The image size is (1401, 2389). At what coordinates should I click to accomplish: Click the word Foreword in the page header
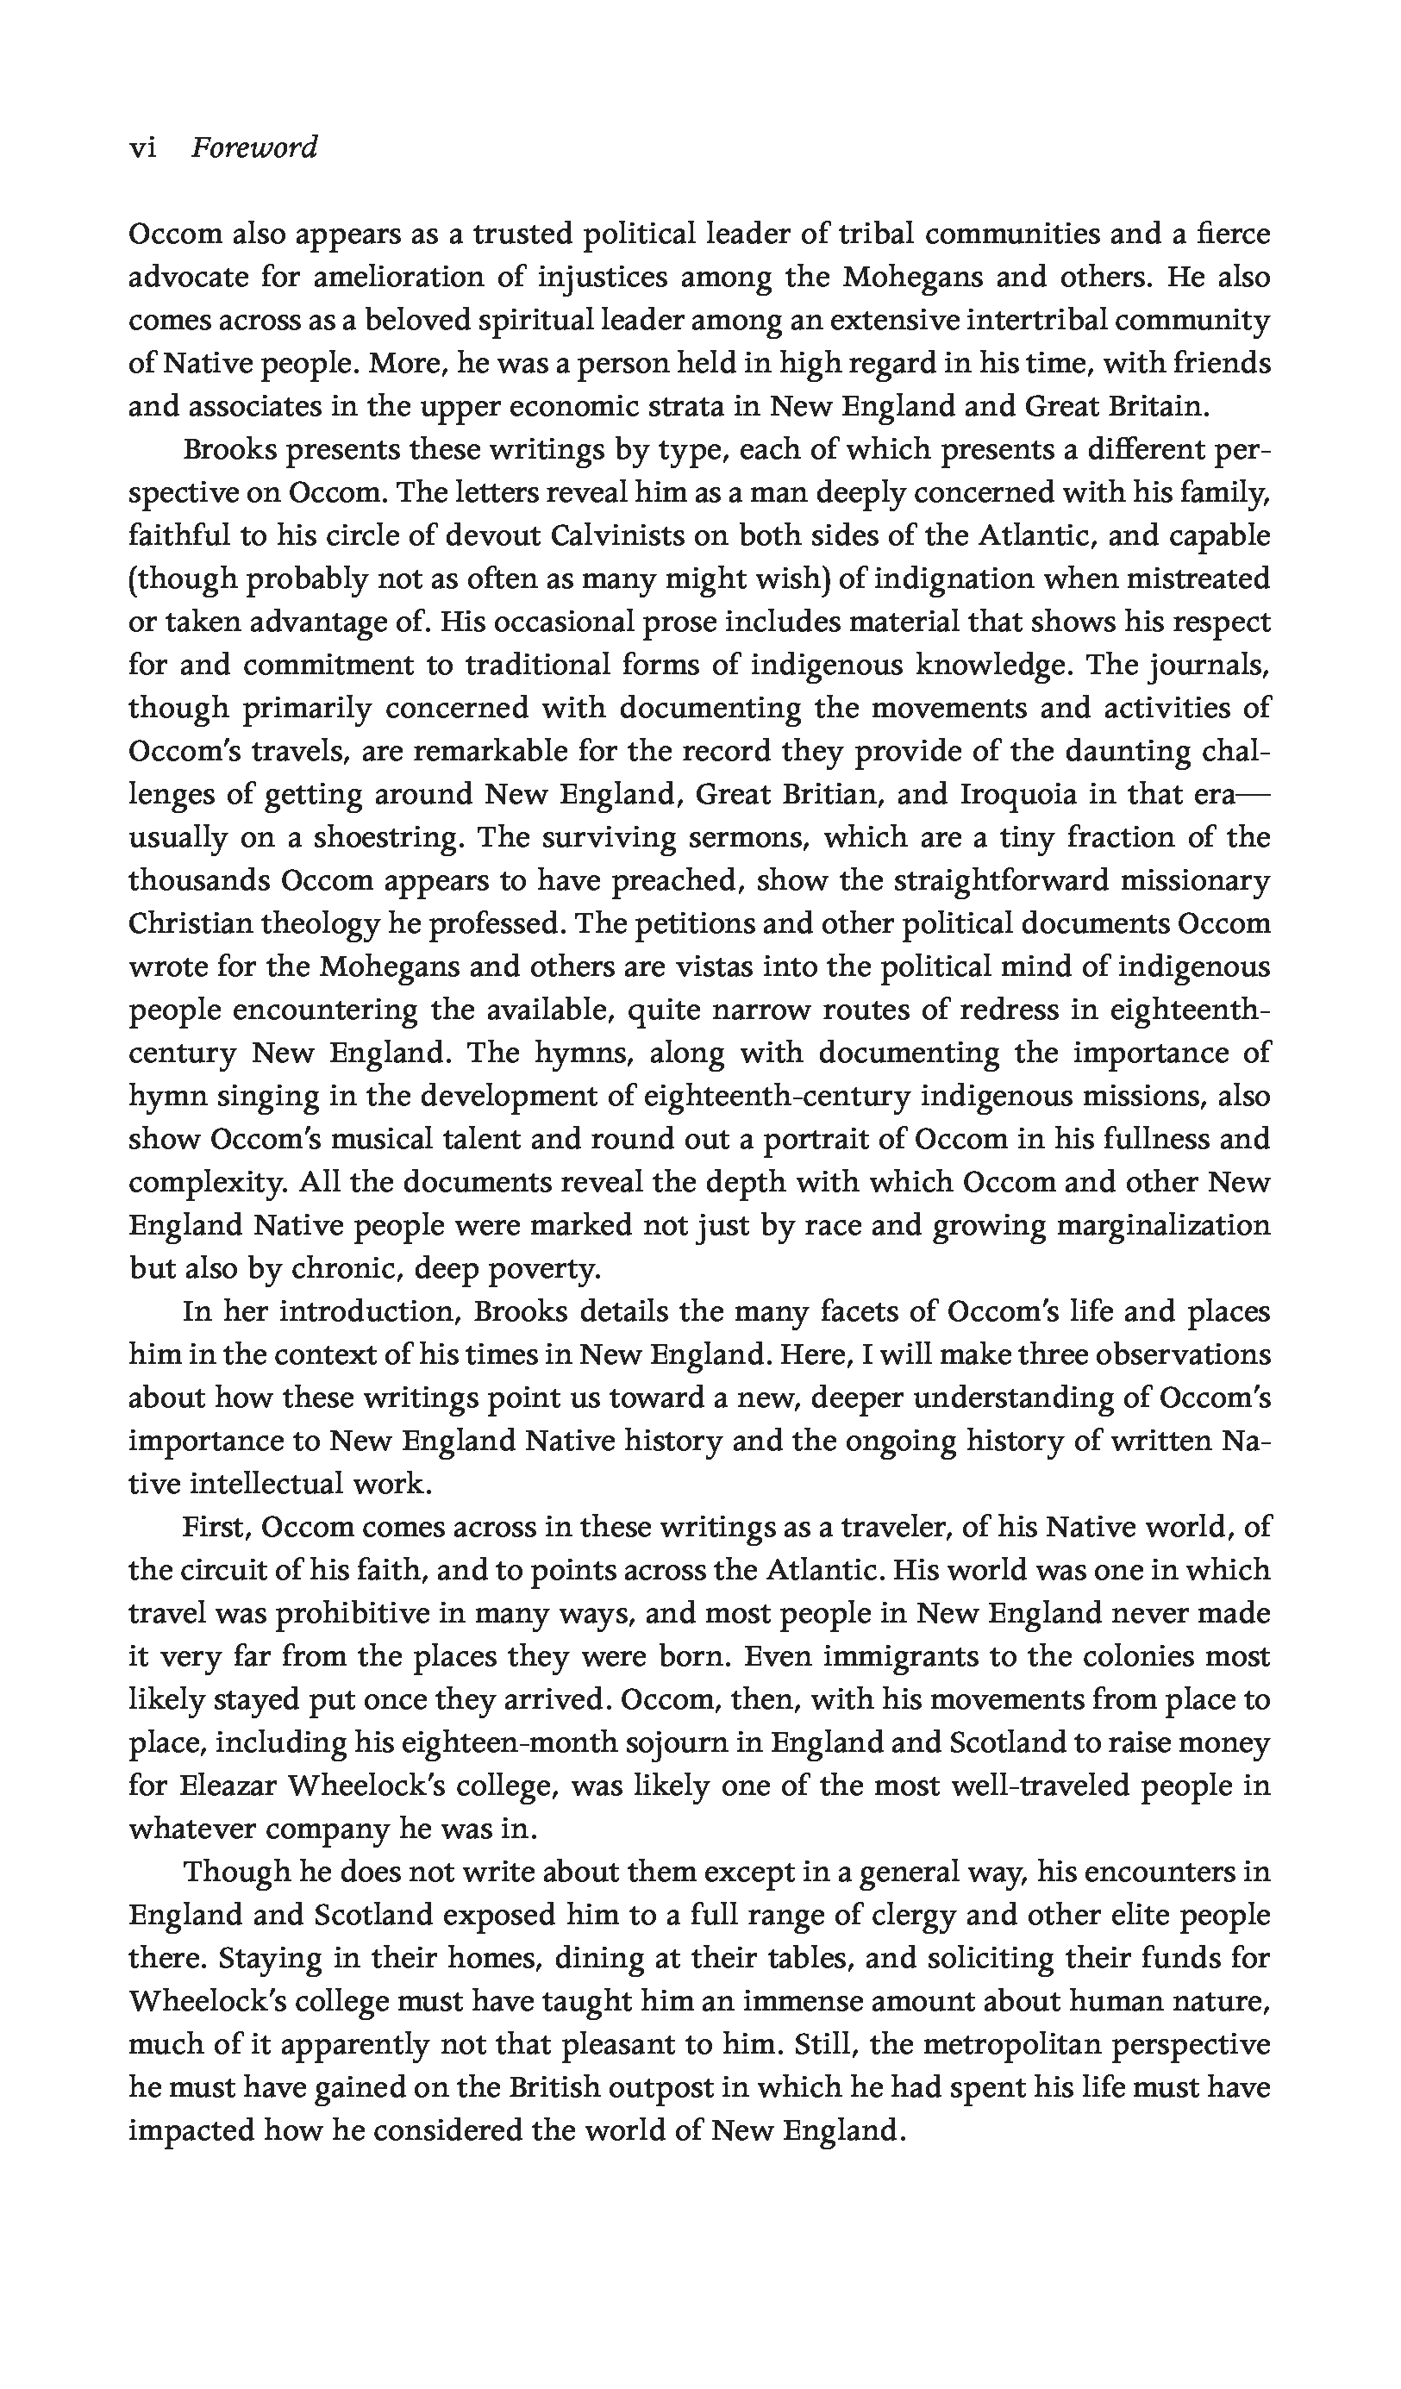pyautogui.click(x=254, y=149)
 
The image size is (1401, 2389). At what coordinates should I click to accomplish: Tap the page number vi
pyautogui.click(x=142, y=149)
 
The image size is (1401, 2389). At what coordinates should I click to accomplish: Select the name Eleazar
pyautogui.click(x=228, y=1786)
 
